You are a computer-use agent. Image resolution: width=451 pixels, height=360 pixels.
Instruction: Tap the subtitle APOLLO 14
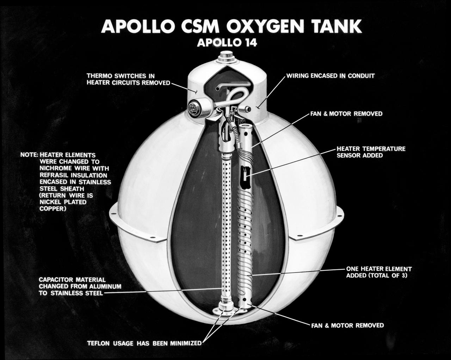pos(227,43)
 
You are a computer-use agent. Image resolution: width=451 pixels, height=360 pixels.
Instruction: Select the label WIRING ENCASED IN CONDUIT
pos(330,76)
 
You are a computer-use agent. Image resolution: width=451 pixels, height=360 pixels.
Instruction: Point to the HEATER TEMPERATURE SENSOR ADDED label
pos(371,152)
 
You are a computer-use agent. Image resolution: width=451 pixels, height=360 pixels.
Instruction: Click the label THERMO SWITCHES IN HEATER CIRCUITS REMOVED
pos(128,79)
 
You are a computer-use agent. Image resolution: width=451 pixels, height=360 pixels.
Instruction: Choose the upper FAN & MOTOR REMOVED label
pos(346,114)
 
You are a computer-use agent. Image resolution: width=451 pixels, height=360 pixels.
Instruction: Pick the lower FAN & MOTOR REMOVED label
pos(347,325)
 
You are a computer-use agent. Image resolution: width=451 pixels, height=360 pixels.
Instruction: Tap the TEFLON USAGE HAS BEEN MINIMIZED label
pos(144,343)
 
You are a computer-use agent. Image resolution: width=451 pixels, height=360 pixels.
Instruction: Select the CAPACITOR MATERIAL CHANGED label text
pos(80,286)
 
